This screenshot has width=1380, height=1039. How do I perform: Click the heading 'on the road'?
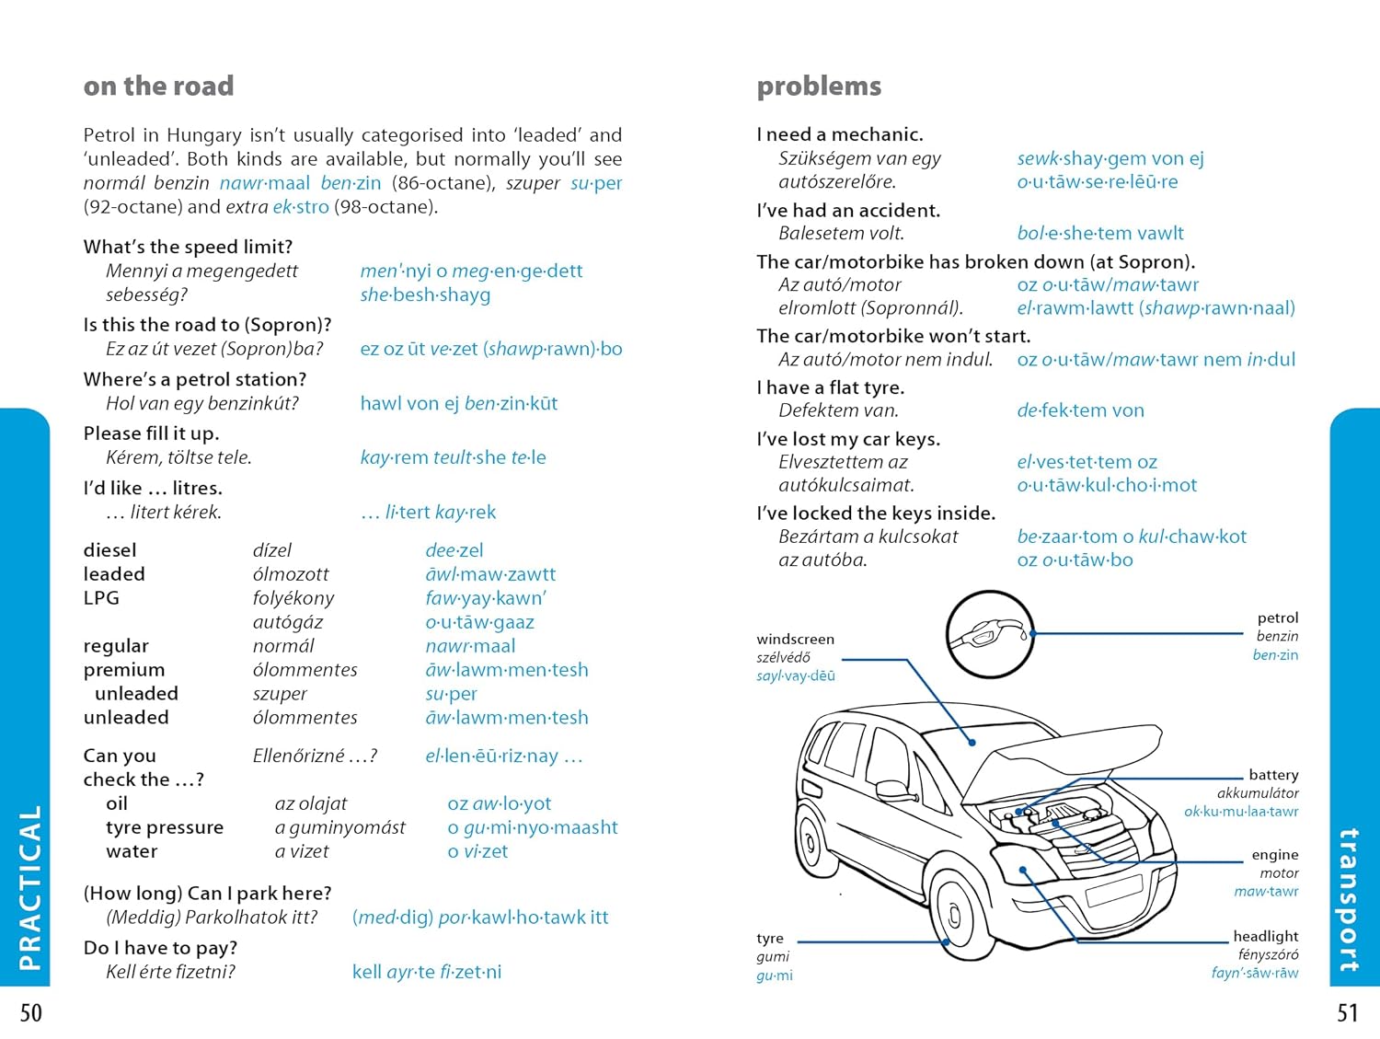158,87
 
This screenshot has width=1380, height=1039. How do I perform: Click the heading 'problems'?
819,87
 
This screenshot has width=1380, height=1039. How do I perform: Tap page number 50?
31,1013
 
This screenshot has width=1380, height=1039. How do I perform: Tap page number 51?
1347,1013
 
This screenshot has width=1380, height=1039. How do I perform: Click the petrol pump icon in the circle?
990,634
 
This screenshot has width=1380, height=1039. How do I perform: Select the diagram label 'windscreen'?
795,640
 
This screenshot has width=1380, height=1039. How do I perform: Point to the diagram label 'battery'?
1273,775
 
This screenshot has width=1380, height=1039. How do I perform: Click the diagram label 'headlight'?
1266,936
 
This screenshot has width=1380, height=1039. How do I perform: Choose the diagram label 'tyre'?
770,939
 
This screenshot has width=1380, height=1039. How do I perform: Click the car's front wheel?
958,916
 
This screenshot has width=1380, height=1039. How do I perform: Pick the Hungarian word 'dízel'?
272,550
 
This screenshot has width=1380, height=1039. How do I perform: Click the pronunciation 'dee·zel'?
454,550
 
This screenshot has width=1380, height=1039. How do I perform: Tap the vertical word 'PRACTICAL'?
30,887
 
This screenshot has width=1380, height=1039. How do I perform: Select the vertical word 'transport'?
1349,900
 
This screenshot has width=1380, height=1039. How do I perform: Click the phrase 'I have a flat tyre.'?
831,387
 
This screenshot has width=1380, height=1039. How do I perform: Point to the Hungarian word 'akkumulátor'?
1258,793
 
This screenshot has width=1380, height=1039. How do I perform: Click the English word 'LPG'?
101,598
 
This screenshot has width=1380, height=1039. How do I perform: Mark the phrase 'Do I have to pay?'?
160,948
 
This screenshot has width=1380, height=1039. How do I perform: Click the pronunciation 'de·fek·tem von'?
1080,411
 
